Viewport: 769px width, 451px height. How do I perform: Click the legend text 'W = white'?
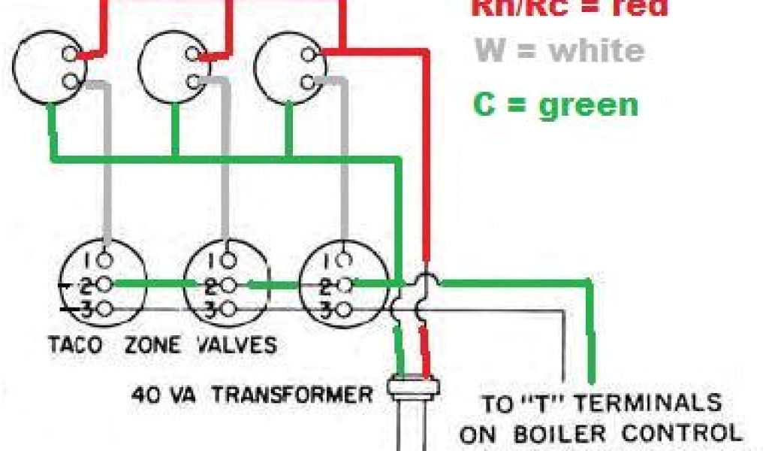pyautogui.click(x=559, y=52)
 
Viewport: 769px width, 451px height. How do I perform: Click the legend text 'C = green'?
pyautogui.click(x=556, y=104)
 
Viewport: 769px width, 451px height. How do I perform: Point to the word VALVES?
pyautogui.click(x=236, y=347)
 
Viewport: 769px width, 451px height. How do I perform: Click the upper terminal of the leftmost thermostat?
pyautogui.click(x=71, y=53)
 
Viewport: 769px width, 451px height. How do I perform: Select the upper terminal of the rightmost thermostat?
pyautogui.click(x=308, y=53)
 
